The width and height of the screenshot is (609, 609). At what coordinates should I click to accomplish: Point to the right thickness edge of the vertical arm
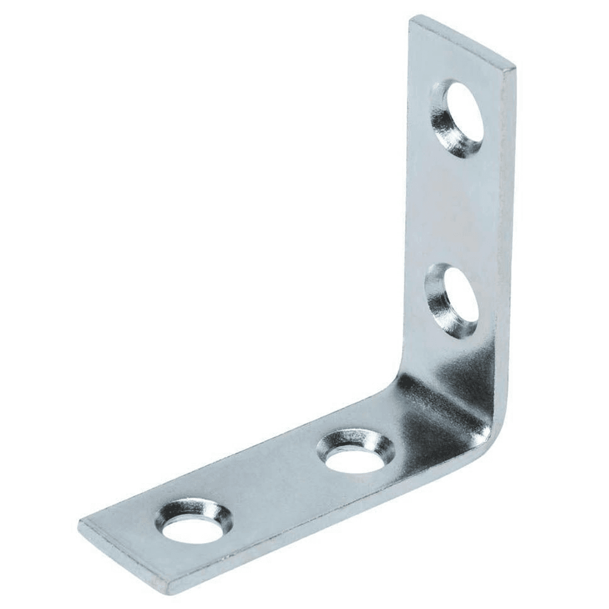(506, 244)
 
